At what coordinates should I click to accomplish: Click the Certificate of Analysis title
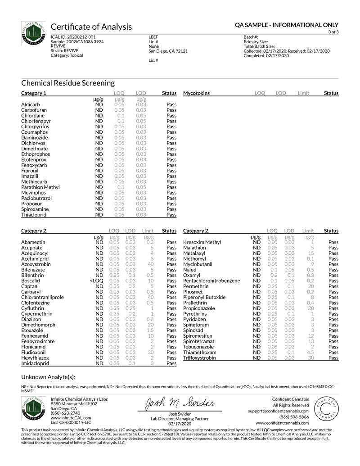pyautogui.click(x=91, y=27)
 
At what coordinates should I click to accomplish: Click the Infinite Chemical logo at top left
pyautogui.click(x=33, y=33)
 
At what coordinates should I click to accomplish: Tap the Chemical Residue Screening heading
pyautogui.click(x=68, y=83)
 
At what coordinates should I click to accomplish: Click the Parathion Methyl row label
pyautogui.click(x=40, y=187)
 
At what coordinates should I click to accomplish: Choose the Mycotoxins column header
pyautogui.click(x=196, y=93)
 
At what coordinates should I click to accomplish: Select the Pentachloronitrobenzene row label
pyautogui.click(x=211, y=281)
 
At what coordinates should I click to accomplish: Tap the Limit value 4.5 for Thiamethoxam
pyautogui.click(x=310, y=353)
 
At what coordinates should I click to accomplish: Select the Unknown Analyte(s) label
pyautogui.click(x=48, y=377)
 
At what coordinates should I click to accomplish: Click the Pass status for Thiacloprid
pyautogui.click(x=171, y=215)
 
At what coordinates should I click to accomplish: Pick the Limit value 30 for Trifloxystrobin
pyautogui.click(x=310, y=358)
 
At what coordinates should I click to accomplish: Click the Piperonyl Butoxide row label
pyautogui.click(x=204, y=297)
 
